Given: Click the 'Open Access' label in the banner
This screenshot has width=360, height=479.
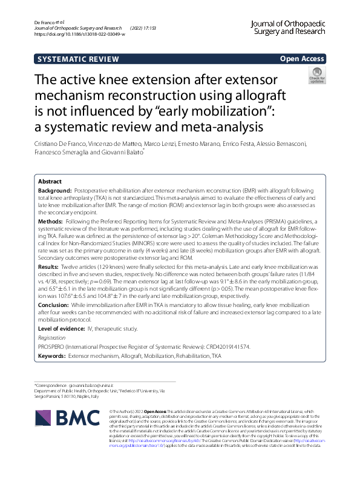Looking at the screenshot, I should click(303, 59).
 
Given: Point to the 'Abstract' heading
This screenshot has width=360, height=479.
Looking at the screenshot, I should click(50, 182).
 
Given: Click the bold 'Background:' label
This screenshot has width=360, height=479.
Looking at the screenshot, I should click(55, 190).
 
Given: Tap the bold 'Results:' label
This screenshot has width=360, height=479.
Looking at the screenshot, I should click(50, 266).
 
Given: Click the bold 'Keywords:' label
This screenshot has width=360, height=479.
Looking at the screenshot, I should click(52, 357).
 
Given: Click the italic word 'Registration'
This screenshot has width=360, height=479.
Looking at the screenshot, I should click(52, 337).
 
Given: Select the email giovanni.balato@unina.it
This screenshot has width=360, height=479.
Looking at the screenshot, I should click(93, 386).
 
